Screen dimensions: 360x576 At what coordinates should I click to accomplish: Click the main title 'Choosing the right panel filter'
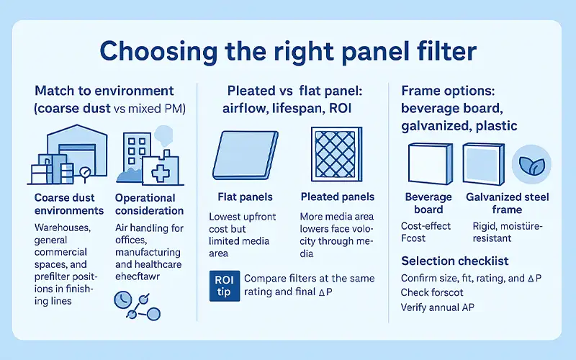click(287, 52)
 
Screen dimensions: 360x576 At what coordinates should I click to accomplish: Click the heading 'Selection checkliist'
click(448, 260)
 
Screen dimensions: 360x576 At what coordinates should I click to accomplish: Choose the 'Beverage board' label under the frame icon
click(428, 203)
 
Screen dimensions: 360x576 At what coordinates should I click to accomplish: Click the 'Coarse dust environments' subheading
click(69, 204)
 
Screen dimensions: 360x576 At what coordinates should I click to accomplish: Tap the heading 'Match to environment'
click(104, 91)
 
